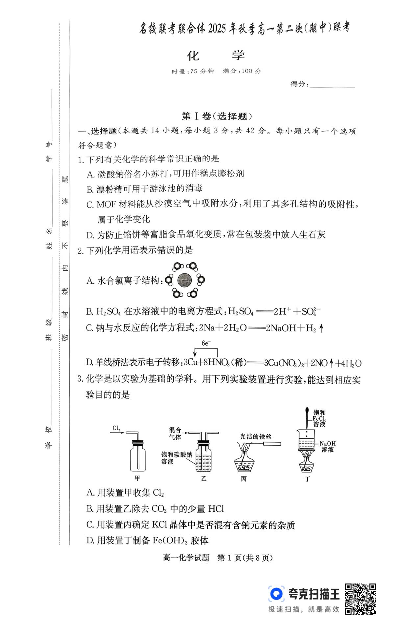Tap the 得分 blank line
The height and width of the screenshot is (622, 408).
coord(332,85)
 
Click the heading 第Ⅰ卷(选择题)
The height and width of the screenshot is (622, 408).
coord(217,116)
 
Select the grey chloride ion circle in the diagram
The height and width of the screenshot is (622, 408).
coord(185,280)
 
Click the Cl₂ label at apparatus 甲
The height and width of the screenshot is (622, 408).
coord(116,428)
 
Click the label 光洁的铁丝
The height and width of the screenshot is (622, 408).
coord(256,436)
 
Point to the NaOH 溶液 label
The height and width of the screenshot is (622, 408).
coord(328,446)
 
